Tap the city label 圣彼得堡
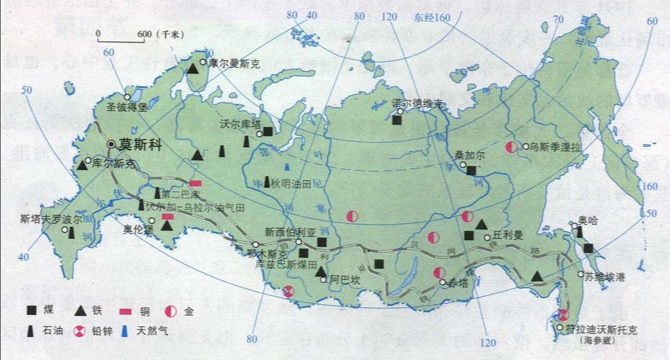coord(128,108)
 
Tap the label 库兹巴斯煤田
coord(286,264)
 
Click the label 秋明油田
coord(293,182)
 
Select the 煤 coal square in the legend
coord(33,311)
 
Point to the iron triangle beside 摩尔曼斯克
coord(193,68)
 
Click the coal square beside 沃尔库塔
coord(268,131)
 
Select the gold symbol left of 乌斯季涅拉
coord(511,147)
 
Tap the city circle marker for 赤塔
coord(442,283)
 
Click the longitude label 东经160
coord(433,18)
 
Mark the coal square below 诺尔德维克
coord(397,120)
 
